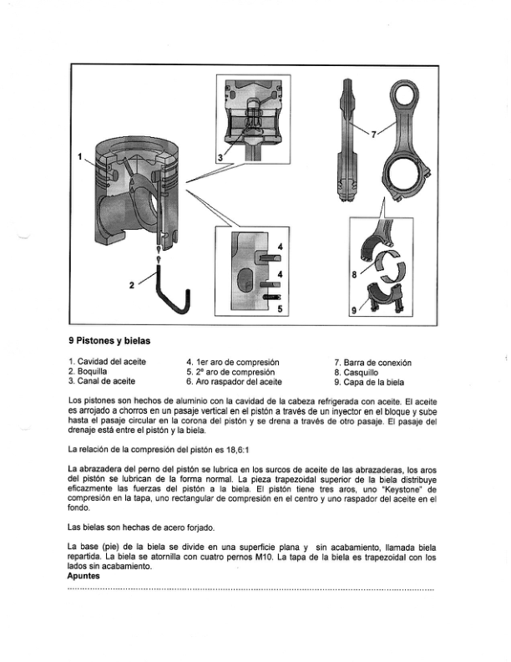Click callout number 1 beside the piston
[x=80, y=156]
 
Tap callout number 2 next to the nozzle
[x=132, y=284]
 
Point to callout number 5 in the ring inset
[x=280, y=309]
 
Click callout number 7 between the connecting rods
[x=373, y=133]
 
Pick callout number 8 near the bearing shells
[x=354, y=273]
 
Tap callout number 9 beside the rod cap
[x=353, y=310]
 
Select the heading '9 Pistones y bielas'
[x=109, y=340]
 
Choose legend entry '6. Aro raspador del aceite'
[x=234, y=381]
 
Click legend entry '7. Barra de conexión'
[x=372, y=361]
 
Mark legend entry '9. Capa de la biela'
[x=370, y=381]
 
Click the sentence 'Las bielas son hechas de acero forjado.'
[x=142, y=527]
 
